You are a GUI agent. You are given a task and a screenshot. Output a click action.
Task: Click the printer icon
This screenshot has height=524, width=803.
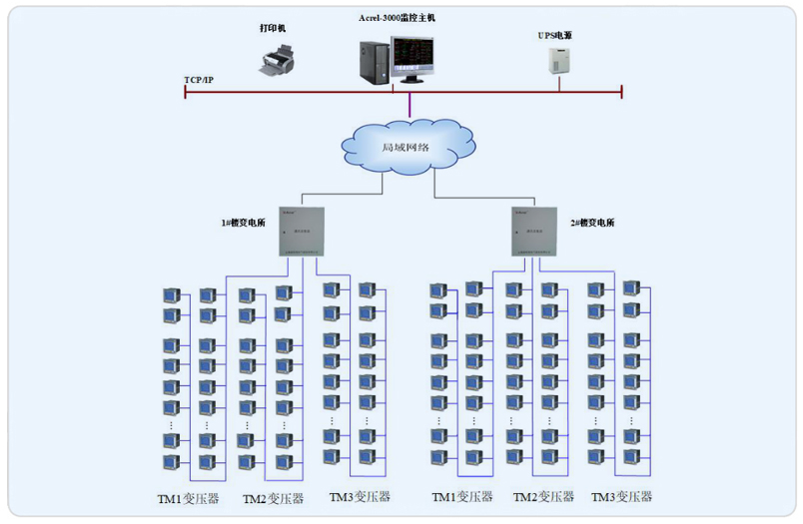click(279, 61)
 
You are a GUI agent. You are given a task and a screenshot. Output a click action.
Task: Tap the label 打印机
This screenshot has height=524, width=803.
click(273, 28)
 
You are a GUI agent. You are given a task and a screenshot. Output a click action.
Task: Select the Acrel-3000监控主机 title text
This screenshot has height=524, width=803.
click(397, 18)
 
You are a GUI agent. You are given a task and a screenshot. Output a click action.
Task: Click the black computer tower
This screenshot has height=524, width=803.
click(375, 61)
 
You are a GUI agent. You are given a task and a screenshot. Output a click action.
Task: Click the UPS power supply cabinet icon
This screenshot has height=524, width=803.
click(557, 60)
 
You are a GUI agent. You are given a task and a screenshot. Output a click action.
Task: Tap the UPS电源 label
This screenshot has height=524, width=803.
click(554, 35)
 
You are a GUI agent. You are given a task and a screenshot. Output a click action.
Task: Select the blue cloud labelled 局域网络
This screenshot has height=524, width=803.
click(405, 146)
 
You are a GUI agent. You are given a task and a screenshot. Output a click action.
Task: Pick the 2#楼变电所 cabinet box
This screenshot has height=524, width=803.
click(534, 231)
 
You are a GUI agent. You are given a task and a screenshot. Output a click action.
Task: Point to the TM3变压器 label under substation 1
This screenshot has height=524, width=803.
click(360, 496)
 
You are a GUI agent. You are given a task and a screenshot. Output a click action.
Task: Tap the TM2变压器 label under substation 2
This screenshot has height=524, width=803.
click(543, 496)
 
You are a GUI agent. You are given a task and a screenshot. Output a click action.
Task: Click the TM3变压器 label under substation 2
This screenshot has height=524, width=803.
click(621, 496)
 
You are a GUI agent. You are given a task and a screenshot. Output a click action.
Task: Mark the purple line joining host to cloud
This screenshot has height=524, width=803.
click(409, 105)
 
